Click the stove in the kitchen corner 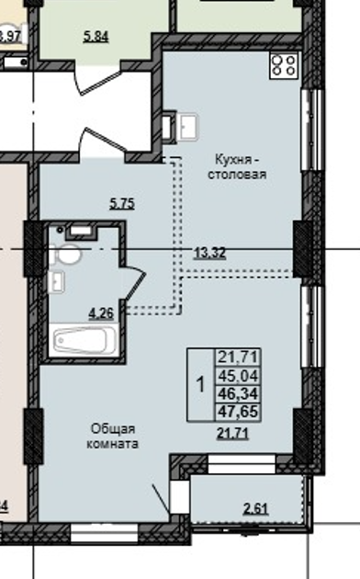coord(284,65)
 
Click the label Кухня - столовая coord(236,165)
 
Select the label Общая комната coord(114,436)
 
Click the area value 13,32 coord(210,254)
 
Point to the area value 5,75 coord(122,205)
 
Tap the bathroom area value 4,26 coord(100,312)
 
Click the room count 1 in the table coord(200,384)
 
